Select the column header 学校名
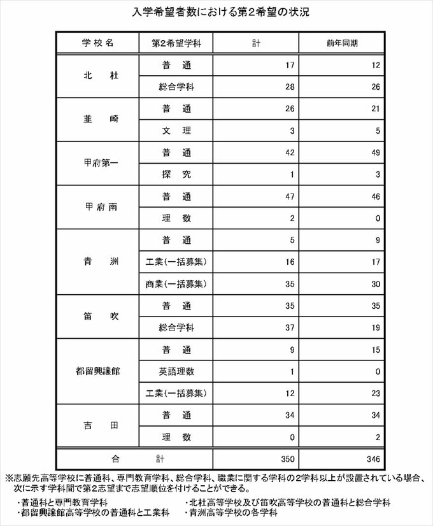98,43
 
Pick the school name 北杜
98,76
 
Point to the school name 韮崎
98,119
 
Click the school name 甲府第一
98,163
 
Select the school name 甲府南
98,206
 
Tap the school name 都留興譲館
98,370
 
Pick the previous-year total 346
371,458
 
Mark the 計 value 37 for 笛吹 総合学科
287,327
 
